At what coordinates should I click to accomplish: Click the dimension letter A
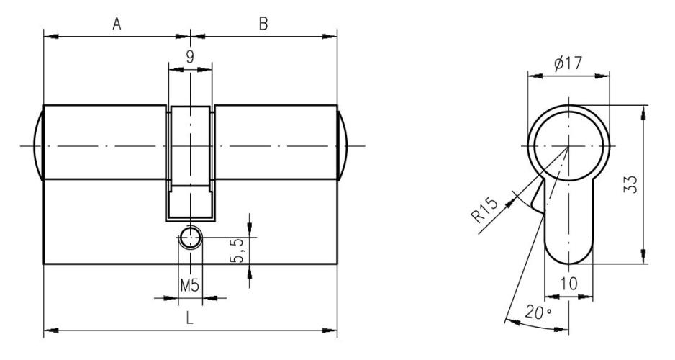coord(116,24)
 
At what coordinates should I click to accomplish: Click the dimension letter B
coord(263,24)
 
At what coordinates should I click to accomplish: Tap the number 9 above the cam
coord(190,56)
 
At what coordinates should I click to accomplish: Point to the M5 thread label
coord(189,286)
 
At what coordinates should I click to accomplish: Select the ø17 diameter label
coord(568,63)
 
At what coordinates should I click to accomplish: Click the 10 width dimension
coord(568,286)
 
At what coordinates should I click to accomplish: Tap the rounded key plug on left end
coord(38,145)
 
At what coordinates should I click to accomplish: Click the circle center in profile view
coord(568,147)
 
